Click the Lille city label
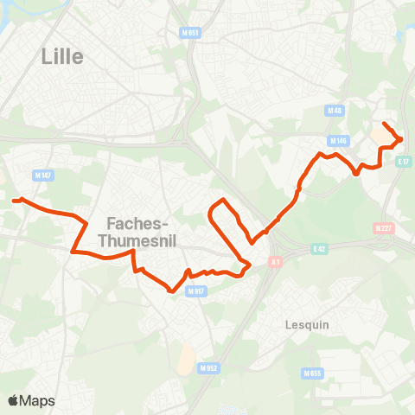62,57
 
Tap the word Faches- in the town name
138,220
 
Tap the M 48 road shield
335,111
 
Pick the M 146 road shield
337,140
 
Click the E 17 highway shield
403,161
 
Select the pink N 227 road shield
383,228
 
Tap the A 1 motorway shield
276,261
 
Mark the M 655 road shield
312,373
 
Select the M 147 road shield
43,176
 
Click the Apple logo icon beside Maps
13,400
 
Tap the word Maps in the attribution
37,401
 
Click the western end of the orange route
14,201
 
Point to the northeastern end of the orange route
384,124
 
